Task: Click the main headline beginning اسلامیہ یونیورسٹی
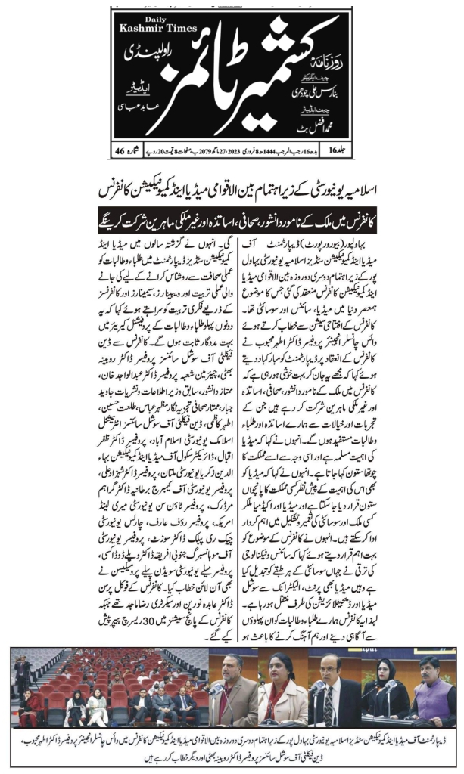click(x=232, y=184)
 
